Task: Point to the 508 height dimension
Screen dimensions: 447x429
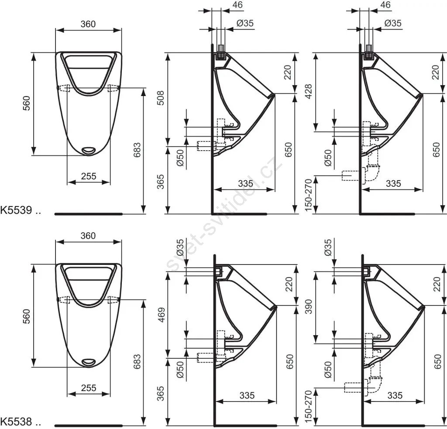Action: [161, 98]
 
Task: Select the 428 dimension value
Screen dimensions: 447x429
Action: [309, 91]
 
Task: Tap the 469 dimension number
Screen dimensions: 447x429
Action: [162, 315]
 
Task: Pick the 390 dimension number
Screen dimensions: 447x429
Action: [309, 306]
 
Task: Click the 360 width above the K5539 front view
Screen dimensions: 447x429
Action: [88, 24]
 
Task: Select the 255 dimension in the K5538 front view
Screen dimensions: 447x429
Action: [89, 388]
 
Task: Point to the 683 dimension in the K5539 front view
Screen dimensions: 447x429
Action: [137, 150]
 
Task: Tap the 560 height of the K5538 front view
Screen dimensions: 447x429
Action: [26, 316]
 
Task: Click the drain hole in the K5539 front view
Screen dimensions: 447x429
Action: [89, 150]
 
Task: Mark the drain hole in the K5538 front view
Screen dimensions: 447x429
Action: [89, 362]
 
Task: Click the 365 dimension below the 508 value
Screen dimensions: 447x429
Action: [161, 182]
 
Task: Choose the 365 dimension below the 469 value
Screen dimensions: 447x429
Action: [161, 393]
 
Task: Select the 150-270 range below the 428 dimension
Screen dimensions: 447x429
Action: [309, 195]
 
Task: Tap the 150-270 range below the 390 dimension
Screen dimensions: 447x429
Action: [309, 407]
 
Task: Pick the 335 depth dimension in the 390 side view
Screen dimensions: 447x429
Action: [395, 395]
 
